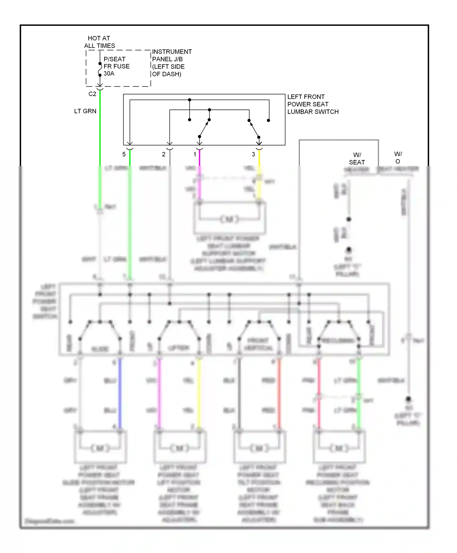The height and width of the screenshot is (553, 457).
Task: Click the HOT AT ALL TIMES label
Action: pyautogui.click(x=99, y=42)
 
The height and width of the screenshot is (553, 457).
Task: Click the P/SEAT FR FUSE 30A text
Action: pyautogui.click(x=116, y=66)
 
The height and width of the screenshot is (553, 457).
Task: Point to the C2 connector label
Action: pyautogui.click(x=92, y=94)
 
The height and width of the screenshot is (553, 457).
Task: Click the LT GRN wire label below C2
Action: pyautogui.click(x=85, y=111)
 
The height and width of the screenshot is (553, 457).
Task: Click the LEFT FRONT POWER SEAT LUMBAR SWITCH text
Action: pyautogui.click(x=313, y=104)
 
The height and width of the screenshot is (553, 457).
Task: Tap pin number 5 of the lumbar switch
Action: pyautogui.click(x=124, y=154)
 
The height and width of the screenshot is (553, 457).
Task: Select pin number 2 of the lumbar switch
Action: pyautogui.click(x=164, y=154)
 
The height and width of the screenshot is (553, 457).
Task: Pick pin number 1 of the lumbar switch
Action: pyautogui.click(x=195, y=154)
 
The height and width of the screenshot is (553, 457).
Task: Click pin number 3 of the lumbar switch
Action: pyautogui.click(x=253, y=154)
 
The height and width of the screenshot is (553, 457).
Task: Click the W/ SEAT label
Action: pyautogui.click(x=357, y=159)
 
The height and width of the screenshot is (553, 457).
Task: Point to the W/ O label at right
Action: pyautogui.click(x=398, y=158)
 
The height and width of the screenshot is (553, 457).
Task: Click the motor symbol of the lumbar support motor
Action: pyautogui.click(x=229, y=219)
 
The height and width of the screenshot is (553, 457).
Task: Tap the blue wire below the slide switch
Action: pyautogui.click(x=120, y=393)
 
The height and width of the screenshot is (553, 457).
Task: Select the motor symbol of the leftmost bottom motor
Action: pyautogui.click(x=100, y=448)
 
